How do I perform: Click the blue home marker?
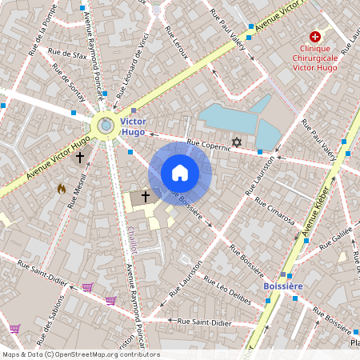tap(180, 172)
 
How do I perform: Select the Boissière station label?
tap(286, 285)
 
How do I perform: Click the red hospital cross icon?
tap(316, 38)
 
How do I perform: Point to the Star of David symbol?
tap(235, 142)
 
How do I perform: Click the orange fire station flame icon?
tap(62, 189)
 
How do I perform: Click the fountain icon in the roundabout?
tap(106, 124)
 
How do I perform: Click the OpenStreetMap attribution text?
tap(81, 354)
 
